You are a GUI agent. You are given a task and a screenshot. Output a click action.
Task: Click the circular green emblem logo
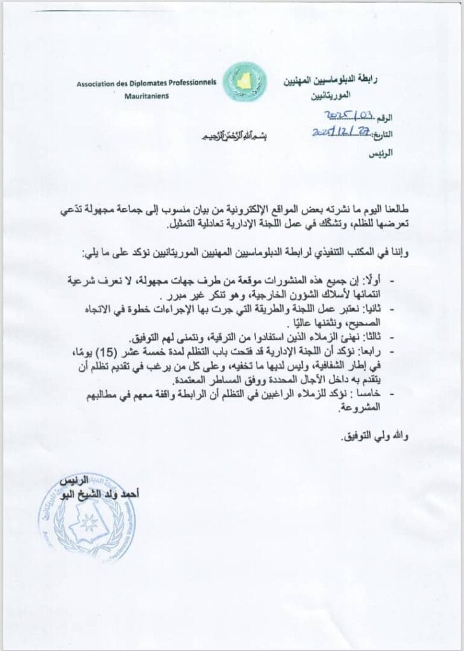tap(244, 82)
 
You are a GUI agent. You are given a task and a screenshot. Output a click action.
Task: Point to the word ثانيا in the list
tap(376, 309)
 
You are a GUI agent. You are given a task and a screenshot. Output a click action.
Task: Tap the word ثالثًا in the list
tap(375, 336)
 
